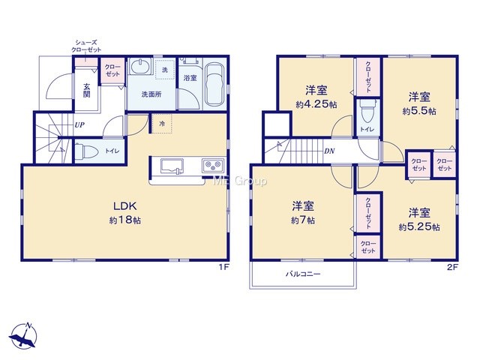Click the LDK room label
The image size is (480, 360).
coord(125,206)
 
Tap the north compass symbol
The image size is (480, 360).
coord(23,336)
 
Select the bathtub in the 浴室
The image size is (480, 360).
coord(214,84)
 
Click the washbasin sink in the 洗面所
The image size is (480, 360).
coord(141,66)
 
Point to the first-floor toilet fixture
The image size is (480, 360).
coord(86,151)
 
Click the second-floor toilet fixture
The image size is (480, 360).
coord(367,112)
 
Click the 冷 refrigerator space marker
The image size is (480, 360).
coord(162,124)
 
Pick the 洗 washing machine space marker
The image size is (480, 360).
coord(165,70)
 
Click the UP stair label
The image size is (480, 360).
coord(79,125)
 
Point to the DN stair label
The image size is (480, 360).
coord(329,151)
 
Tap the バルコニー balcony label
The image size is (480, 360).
coord(303,273)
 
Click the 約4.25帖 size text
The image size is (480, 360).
coord(316,105)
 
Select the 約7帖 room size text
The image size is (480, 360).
coord(303,220)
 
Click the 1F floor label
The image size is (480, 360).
coord(223,267)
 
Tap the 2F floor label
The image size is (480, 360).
coord(452,267)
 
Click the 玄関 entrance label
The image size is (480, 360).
coord(87,90)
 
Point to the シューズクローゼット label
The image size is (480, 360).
coord(86,46)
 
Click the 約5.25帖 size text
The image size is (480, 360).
coord(419,227)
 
